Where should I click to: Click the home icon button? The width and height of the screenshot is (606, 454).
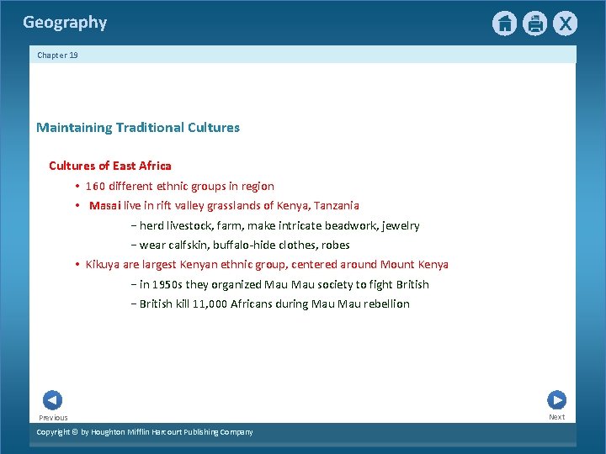(x=504, y=24)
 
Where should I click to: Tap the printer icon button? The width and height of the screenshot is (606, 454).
(x=534, y=24)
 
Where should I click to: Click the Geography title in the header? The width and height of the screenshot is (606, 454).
(x=65, y=23)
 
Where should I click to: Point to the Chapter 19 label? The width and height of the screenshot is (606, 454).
(x=57, y=55)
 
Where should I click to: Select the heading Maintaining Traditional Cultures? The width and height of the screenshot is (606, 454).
(x=138, y=128)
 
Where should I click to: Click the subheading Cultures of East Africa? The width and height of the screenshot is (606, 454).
(x=110, y=166)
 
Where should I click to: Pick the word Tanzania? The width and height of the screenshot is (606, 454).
(x=337, y=205)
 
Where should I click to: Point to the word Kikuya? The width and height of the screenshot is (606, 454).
(x=103, y=264)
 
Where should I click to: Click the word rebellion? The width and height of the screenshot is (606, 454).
(x=386, y=304)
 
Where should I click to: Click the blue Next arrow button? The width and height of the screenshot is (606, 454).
(x=556, y=400)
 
